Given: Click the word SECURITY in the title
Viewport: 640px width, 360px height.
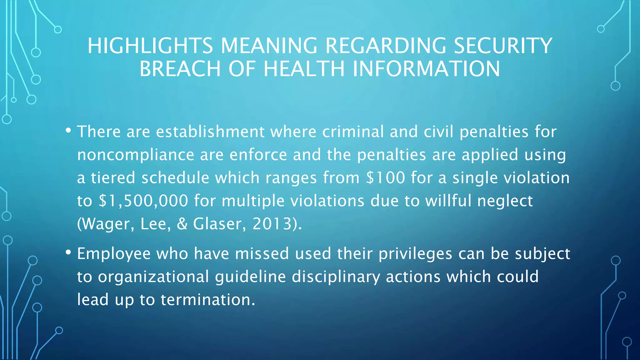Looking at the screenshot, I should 503,46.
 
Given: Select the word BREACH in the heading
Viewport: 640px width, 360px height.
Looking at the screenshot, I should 180,69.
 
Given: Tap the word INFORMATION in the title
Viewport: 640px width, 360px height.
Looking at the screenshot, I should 426,69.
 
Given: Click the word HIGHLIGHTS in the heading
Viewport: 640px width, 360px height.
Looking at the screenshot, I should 150,46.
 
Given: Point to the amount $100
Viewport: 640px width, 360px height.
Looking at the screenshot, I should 386,177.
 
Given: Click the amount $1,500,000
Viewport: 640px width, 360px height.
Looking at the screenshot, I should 143,201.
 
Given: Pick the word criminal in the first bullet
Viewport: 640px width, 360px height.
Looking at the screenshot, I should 353,132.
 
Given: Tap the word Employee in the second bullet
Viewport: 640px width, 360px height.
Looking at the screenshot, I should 114,253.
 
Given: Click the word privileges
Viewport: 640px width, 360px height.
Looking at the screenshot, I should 415,253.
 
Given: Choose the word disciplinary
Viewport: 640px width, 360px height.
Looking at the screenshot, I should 336,277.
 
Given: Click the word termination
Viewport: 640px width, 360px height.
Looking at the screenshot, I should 208,299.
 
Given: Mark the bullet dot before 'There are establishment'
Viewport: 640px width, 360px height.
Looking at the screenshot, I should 68,130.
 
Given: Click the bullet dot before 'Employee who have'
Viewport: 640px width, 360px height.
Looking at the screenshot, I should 68,252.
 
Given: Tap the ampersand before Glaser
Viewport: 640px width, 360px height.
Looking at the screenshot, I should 182,223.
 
